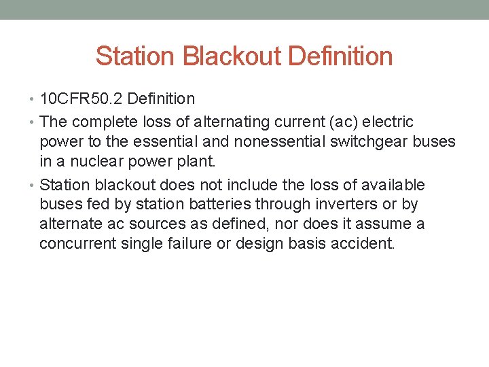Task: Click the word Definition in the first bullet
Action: pos(162,99)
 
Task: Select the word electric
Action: pos(389,122)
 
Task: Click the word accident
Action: pos(361,243)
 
